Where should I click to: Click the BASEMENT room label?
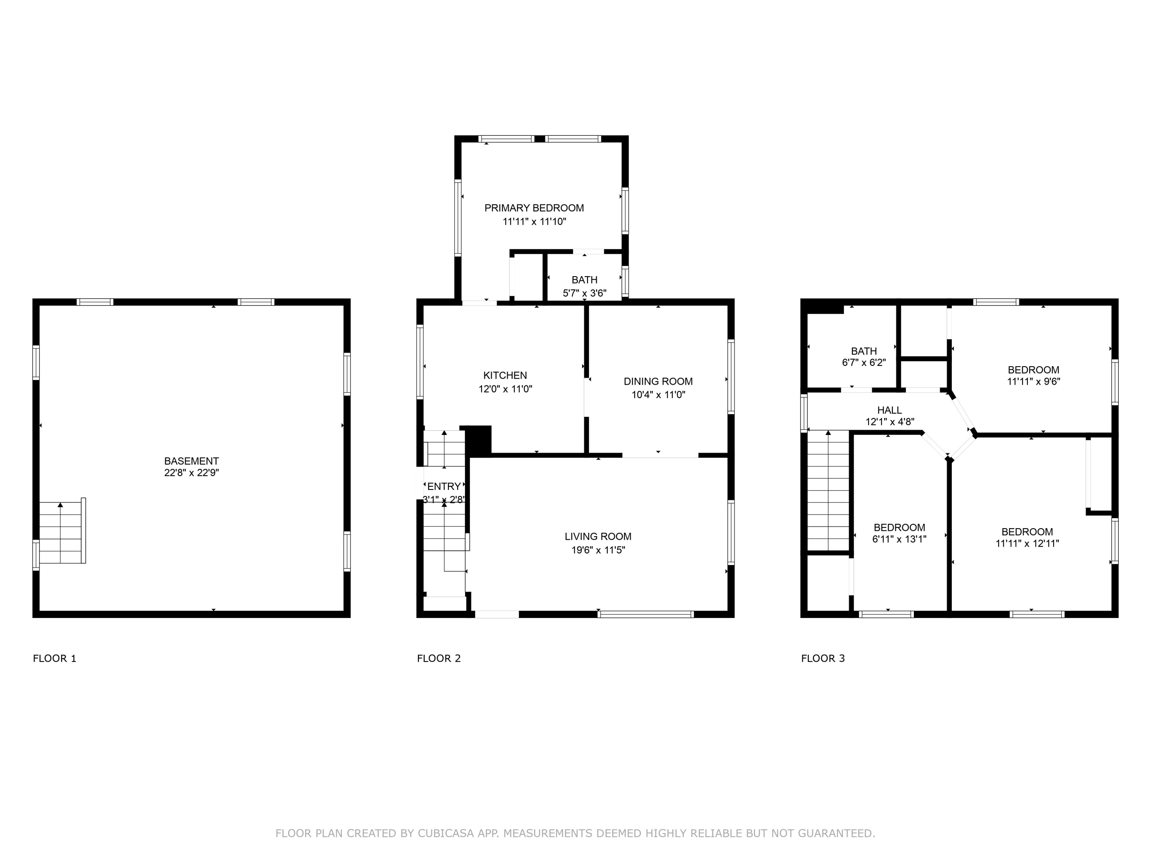point(191,461)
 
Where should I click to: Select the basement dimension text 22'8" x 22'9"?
point(191,473)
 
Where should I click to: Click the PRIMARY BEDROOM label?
point(534,208)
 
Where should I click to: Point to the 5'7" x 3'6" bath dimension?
point(584,293)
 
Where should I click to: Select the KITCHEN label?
point(505,376)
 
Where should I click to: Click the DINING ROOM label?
point(658,381)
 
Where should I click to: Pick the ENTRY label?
point(444,486)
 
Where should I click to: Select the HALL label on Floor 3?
point(889,410)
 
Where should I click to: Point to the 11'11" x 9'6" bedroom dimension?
point(1033,381)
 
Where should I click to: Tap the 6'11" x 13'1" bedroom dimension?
point(899,539)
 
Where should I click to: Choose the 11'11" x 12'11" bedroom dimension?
point(1027,543)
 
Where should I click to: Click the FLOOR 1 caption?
point(54,659)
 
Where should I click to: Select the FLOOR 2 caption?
point(439,659)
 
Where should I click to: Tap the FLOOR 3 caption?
point(823,659)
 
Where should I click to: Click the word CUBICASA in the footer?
point(446,833)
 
